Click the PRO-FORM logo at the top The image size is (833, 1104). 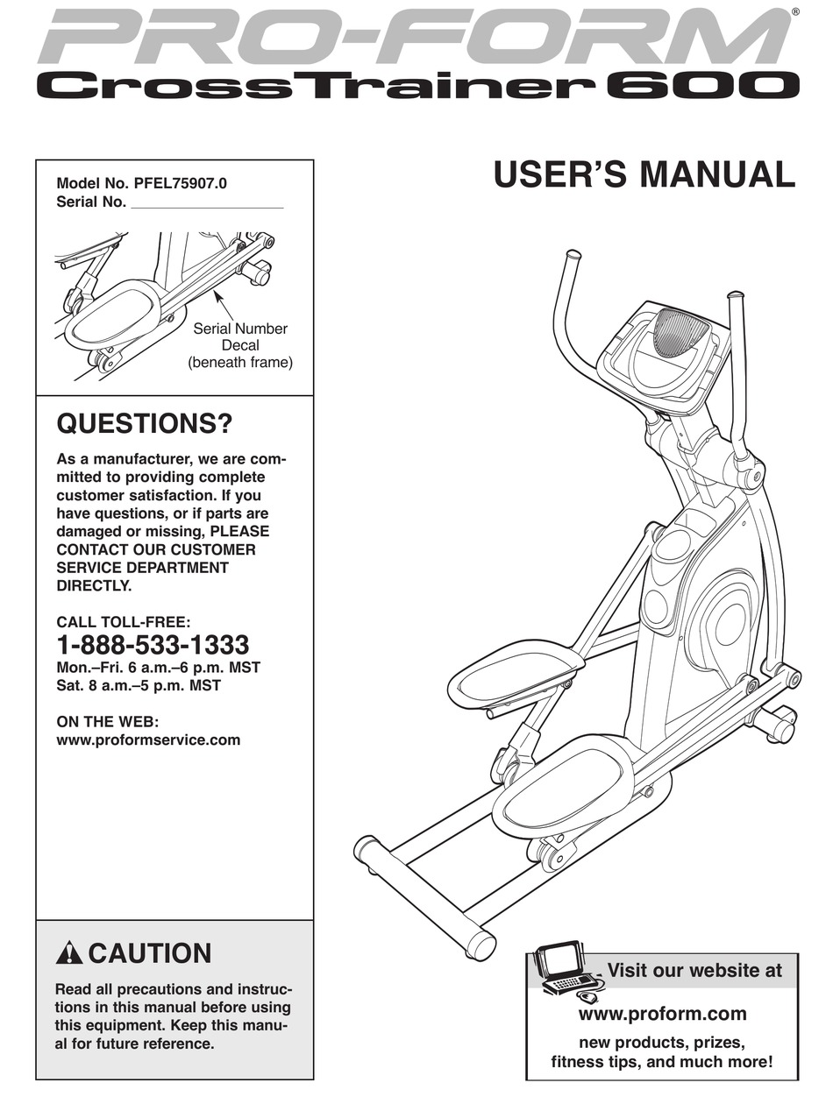pos(403,37)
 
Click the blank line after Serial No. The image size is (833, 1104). pos(207,202)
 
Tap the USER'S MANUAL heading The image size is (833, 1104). pos(644,173)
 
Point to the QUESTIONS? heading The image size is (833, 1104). pos(145,425)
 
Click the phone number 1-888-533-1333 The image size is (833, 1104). pos(153,646)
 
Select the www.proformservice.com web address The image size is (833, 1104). pos(148,740)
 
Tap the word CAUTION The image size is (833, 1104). pos(150,953)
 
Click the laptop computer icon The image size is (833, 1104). pos(565,970)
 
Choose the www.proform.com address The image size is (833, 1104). pos(663,1014)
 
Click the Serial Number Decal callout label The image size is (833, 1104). pos(240,345)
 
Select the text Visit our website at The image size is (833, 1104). pos(694,970)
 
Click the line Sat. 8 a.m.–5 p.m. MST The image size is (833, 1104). pos(139,685)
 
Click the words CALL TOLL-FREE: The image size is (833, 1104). pos(123,622)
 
